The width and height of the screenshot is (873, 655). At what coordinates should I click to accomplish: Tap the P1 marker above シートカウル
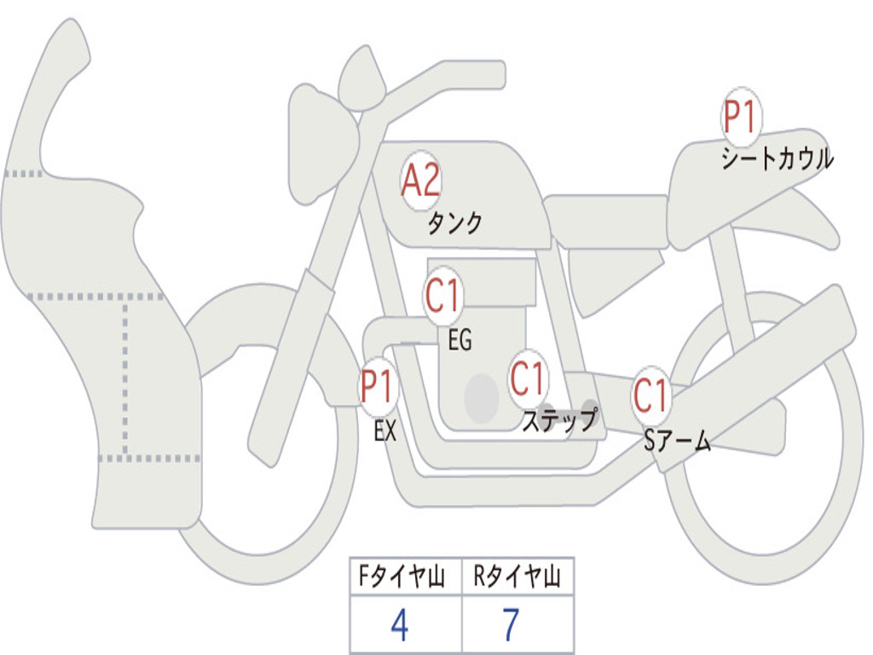coord(741,117)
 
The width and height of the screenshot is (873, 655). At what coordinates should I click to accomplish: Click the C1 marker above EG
coord(443,295)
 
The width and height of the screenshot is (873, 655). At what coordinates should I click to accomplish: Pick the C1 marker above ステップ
coord(527,379)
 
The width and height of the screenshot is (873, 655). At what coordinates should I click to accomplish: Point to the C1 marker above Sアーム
coord(650,396)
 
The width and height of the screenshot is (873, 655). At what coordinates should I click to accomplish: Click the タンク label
coord(455,223)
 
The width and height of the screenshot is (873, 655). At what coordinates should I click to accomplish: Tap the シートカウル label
coord(778,158)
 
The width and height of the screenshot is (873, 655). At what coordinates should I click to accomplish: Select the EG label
coord(460,339)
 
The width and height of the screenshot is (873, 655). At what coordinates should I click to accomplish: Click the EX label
coord(385,431)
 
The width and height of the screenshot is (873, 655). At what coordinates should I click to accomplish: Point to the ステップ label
coord(560,420)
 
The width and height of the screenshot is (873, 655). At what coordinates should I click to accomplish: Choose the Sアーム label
coord(678,441)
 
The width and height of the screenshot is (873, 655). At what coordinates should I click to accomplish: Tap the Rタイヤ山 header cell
coord(518,576)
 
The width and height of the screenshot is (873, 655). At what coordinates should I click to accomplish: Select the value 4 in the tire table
coord(400,625)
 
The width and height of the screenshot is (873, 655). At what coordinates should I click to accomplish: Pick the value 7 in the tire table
coord(512,625)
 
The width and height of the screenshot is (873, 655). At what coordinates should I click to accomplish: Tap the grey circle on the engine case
coord(482,398)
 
